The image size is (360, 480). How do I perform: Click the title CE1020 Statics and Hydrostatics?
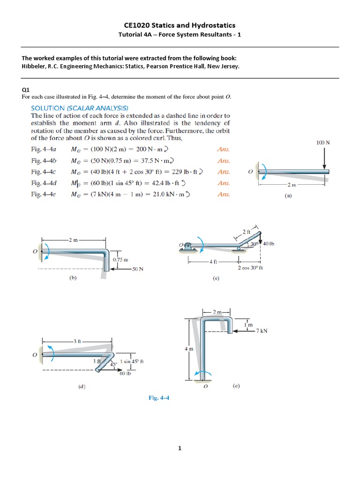pos(180,25)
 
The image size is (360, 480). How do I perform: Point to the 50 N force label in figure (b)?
pos(137,269)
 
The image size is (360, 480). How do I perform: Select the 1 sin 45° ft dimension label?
pos(131,361)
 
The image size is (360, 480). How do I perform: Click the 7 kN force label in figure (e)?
pos(262,331)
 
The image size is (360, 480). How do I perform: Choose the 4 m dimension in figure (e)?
pos(186,349)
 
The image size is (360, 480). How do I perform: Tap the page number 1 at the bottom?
pos(180,449)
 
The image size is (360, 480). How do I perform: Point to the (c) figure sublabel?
pos(216,278)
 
